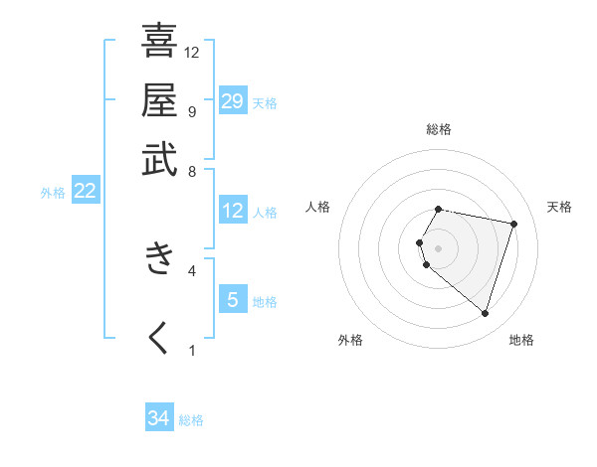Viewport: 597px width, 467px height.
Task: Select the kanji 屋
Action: point(159,99)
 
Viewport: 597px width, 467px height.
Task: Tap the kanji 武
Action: point(159,159)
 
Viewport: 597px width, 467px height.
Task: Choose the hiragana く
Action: point(159,337)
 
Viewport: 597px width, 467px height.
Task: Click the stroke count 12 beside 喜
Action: point(192,52)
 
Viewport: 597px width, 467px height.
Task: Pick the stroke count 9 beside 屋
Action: point(192,111)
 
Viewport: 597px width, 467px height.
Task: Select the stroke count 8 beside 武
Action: point(192,171)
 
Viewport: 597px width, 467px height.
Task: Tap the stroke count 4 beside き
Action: point(192,269)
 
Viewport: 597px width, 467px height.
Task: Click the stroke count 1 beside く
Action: point(192,349)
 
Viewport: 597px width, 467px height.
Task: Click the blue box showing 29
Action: point(233,101)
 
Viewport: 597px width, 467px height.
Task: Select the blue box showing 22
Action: point(85,191)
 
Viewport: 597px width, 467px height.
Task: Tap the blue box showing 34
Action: point(159,418)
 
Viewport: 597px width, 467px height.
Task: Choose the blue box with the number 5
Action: point(233,299)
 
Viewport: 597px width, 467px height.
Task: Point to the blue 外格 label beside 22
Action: point(53,193)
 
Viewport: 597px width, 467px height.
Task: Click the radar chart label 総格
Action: point(439,130)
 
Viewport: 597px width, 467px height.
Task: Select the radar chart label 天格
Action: point(559,207)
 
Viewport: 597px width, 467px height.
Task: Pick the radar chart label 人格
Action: point(318,207)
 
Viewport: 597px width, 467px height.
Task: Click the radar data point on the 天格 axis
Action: point(513,224)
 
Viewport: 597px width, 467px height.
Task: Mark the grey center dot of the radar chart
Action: point(439,247)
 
